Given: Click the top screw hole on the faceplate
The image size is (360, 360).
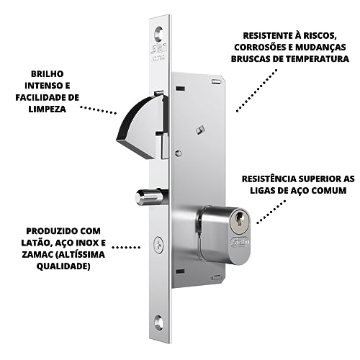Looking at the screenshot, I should [158, 32].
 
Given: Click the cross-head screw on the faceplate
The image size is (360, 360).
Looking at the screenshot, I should [158, 245].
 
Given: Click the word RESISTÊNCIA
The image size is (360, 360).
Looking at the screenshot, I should [269, 177].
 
